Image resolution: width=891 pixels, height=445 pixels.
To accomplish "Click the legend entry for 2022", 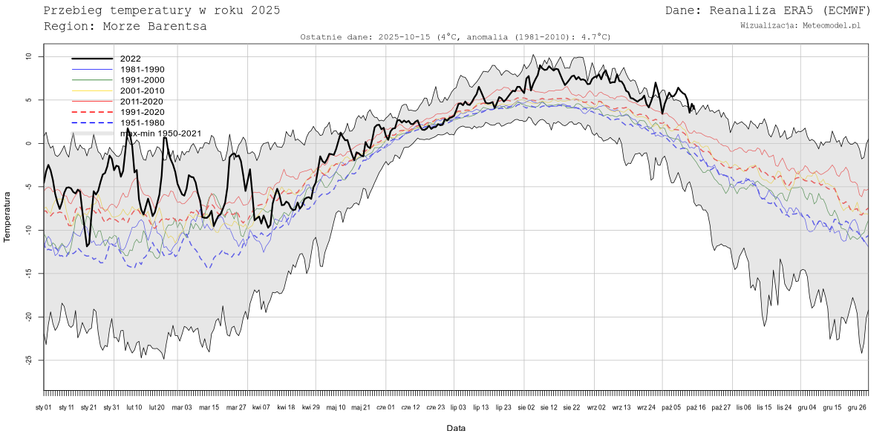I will [130, 59].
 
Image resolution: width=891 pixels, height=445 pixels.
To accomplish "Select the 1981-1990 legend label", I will [142, 69].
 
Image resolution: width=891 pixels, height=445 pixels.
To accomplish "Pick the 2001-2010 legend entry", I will [142, 90].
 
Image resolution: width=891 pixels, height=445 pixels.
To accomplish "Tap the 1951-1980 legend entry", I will [142, 122].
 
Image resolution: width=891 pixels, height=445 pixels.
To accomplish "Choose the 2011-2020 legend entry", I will [142, 101].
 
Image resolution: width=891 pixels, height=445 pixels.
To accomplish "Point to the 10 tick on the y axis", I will [27, 56].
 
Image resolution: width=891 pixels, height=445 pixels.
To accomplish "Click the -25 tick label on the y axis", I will [27, 360].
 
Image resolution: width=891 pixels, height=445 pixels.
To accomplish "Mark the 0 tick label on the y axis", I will [27, 143].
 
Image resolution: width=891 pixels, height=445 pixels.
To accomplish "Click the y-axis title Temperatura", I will [7, 217].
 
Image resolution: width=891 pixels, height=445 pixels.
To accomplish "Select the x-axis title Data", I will [456, 429].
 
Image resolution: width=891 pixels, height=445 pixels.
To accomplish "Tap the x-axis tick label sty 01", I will [44, 407].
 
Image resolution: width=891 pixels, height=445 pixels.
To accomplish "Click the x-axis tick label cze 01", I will [386, 407].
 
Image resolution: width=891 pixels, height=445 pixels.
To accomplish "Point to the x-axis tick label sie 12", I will [549, 407].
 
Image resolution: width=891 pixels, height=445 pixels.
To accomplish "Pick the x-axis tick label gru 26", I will [858, 407].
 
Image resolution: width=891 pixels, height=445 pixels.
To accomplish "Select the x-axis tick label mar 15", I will [209, 407].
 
